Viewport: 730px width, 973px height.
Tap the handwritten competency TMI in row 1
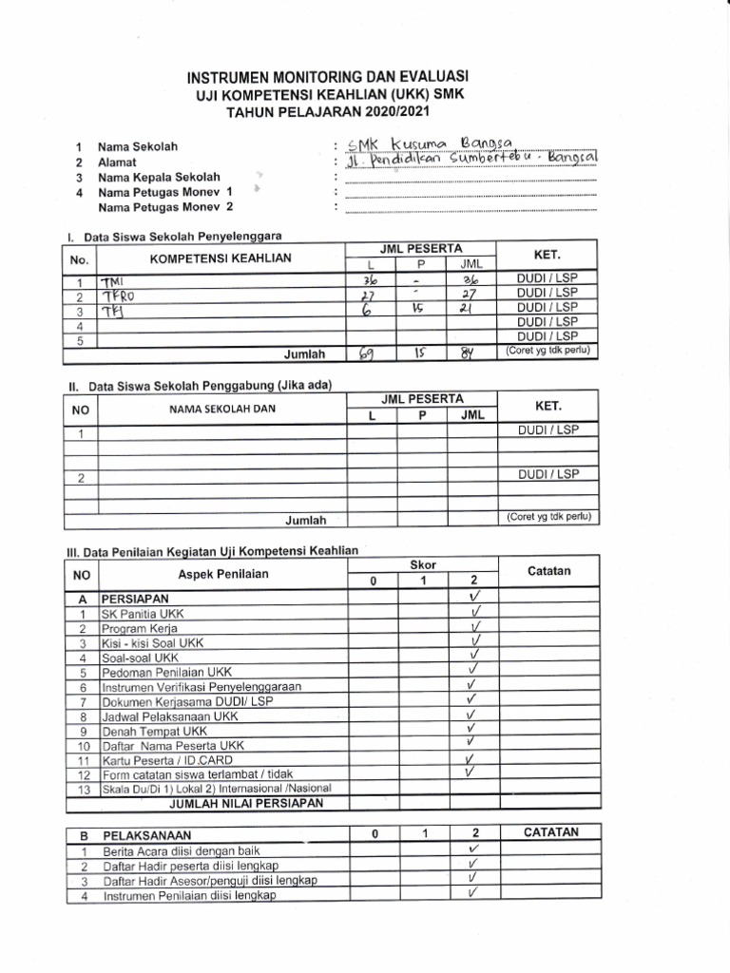pyautogui.click(x=113, y=280)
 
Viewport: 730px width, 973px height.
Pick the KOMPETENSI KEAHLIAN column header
pyautogui.click(x=221, y=258)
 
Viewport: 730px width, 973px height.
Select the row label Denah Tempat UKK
pyautogui.click(x=154, y=731)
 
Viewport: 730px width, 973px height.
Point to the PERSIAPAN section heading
pyautogui.click(x=135, y=599)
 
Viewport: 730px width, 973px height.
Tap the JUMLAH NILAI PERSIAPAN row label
pyautogui.click(x=246, y=803)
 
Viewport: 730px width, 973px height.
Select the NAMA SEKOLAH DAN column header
pyautogui.click(x=221, y=410)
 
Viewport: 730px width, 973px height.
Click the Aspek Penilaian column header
pyautogui.click(x=222, y=574)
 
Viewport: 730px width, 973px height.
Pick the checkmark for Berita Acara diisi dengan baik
pyautogui.click(x=472, y=849)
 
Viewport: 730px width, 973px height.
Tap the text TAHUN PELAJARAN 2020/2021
pyautogui.click(x=328, y=110)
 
